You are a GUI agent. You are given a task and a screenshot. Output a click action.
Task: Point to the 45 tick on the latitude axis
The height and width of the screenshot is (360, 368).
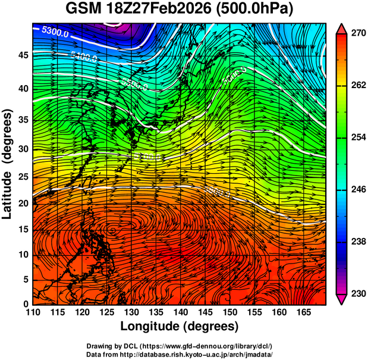pos(23,55)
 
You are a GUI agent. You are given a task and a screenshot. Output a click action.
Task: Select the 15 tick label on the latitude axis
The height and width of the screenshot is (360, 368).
pos(23,230)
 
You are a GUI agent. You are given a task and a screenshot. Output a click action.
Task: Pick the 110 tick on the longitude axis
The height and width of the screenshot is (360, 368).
pos(33,312)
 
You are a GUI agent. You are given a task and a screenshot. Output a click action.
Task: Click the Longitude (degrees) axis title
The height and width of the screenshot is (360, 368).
pos(179,326)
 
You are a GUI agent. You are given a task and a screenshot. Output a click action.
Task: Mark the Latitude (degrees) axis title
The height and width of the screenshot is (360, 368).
pos(8,163)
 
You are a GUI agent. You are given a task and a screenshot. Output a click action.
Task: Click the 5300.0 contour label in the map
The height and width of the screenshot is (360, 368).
pos(54,33)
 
